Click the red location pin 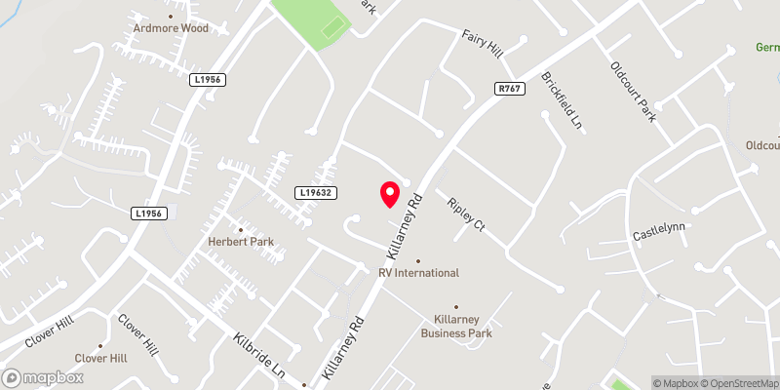click(389, 193)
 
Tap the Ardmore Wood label click(173, 28)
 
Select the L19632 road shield click(317, 194)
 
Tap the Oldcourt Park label click(635, 92)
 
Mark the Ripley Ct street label click(465, 214)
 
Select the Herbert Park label click(241, 242)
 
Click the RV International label click(418, 273)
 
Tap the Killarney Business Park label click(456, 326)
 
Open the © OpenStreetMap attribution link click(738, 382)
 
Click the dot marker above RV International click(418, 260)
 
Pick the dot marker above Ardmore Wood click(173, 16)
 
